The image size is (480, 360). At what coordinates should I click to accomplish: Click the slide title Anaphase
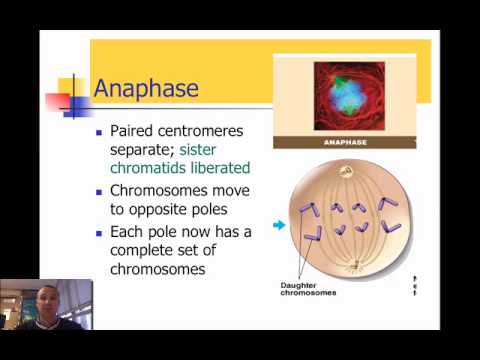coord(146,88)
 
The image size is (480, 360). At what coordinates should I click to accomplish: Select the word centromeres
coord(207,131)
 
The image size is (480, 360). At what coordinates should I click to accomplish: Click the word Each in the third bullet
coord(127,232)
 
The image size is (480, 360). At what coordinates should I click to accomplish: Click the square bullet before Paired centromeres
coord(98,132)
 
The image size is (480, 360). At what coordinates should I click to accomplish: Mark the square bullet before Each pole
coord(98,233)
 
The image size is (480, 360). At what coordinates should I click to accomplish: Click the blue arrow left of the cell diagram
coord(279,226)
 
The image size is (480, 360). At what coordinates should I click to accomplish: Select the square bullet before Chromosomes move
coord(98,191)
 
